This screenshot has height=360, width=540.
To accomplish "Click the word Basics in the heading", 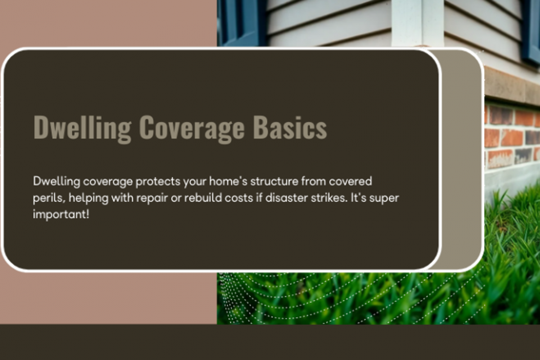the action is point(290,127).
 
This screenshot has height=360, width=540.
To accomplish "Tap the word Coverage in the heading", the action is point(192,129).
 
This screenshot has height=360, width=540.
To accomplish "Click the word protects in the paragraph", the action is point(158,182).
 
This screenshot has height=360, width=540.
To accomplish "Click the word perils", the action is point(49,198).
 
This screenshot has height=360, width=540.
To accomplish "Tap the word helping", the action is point(89,198).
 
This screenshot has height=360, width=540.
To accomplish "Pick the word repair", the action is point(152,198).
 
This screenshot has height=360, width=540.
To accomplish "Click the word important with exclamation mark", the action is point(61,214).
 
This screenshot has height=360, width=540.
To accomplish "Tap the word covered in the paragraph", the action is point(351,181).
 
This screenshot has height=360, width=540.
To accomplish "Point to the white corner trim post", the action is point(418,23).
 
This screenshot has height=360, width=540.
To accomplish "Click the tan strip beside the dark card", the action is point(462,159).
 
